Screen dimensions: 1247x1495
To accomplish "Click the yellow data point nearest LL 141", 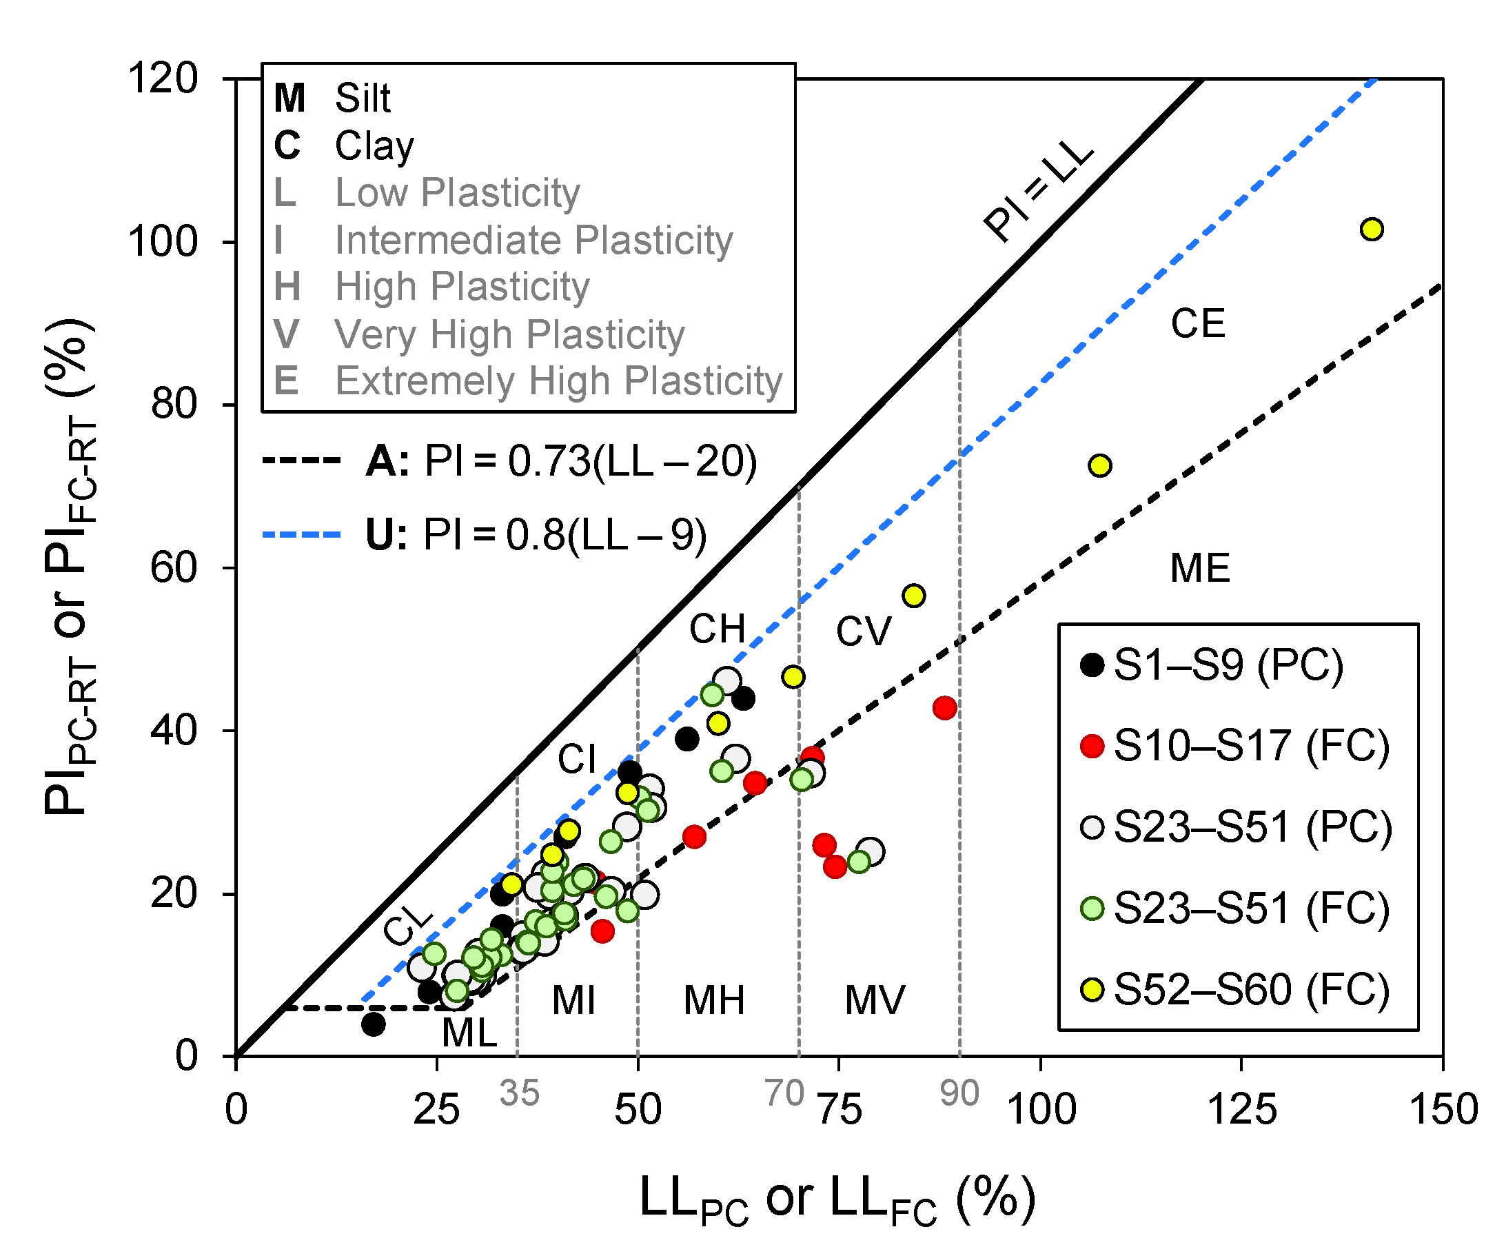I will tap(1371, 230).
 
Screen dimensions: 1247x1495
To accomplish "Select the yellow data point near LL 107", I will tap(1100, 465).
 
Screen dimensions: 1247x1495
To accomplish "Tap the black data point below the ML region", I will tap(373, 1024).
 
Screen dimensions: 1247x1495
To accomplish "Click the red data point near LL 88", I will tap(944, 708).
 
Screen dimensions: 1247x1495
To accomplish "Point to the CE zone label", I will tap(1197, 324).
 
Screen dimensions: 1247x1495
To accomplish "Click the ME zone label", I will tap(1199, 568).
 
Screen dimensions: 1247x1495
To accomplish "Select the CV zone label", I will tap(863, 631).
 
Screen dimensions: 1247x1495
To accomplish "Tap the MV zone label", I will tap(874, 1000).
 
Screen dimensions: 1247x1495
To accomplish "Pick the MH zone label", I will tap(713, 1000).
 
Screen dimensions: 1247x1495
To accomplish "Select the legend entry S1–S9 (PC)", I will tap(1228, 665).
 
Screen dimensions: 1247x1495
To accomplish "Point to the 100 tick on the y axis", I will tap(162, 241).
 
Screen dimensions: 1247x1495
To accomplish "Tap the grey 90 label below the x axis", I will tap(959, 1093).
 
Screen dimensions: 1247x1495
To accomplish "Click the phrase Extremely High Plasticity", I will tap(559, 381).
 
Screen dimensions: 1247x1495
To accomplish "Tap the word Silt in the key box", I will tap(363, 99).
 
